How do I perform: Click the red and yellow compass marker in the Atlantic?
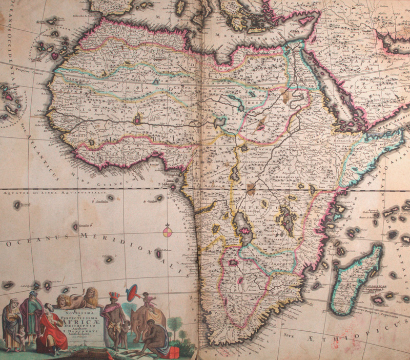coord(168,232)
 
